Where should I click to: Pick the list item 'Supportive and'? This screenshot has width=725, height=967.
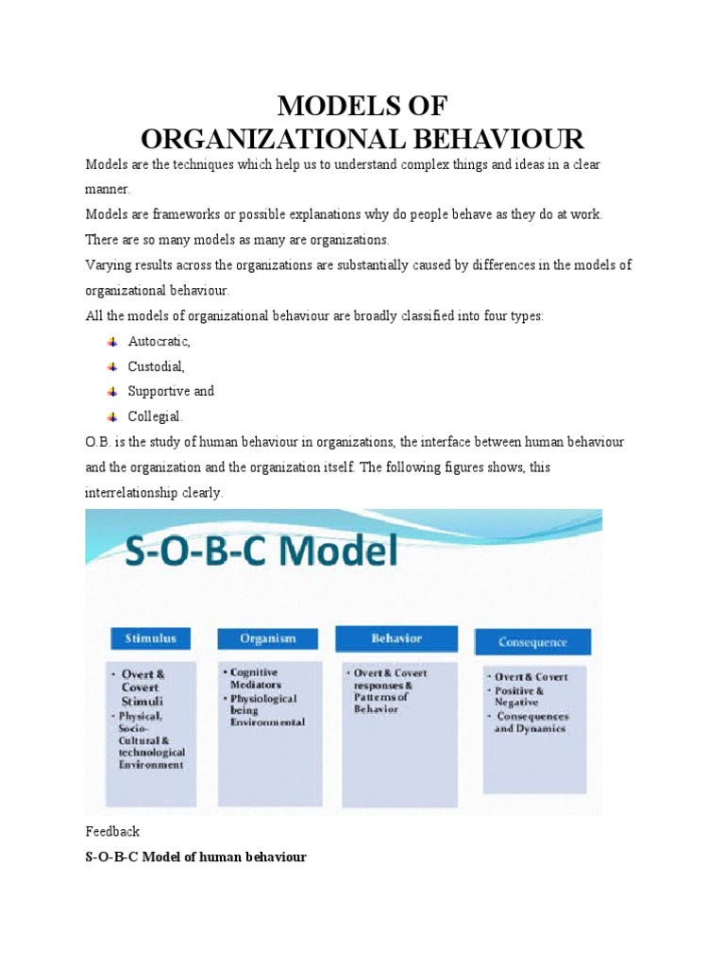coord(171,391)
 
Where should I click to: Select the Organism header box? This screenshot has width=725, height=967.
coord(268,638)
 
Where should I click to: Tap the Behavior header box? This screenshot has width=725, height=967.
coord(396,638)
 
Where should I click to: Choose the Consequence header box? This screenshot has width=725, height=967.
coord(532,643)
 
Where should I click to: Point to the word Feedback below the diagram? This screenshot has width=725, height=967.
coord(112,832)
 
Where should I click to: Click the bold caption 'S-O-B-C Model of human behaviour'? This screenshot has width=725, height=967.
coord(195,857)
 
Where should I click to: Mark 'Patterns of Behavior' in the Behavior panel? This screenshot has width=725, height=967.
coord(381,704)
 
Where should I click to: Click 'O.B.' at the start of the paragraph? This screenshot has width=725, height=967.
coord(98,441)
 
